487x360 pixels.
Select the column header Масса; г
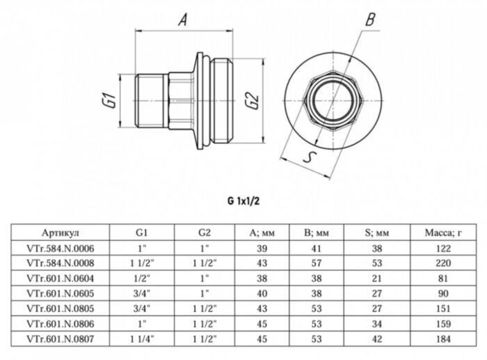click(x=438, y=234)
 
